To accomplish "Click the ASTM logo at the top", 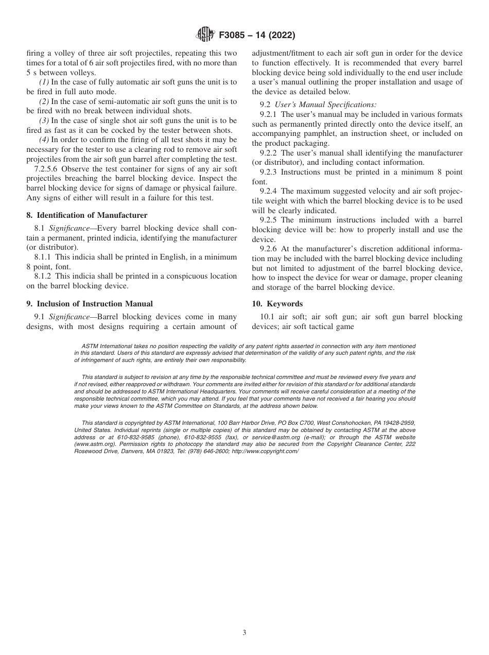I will coord(205,36).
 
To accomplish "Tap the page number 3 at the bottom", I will coord(244,633).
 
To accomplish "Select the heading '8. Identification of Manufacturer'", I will coord(86,215).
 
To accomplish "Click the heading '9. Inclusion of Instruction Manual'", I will coord(89,303).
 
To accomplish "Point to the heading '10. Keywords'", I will coord(277,303).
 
